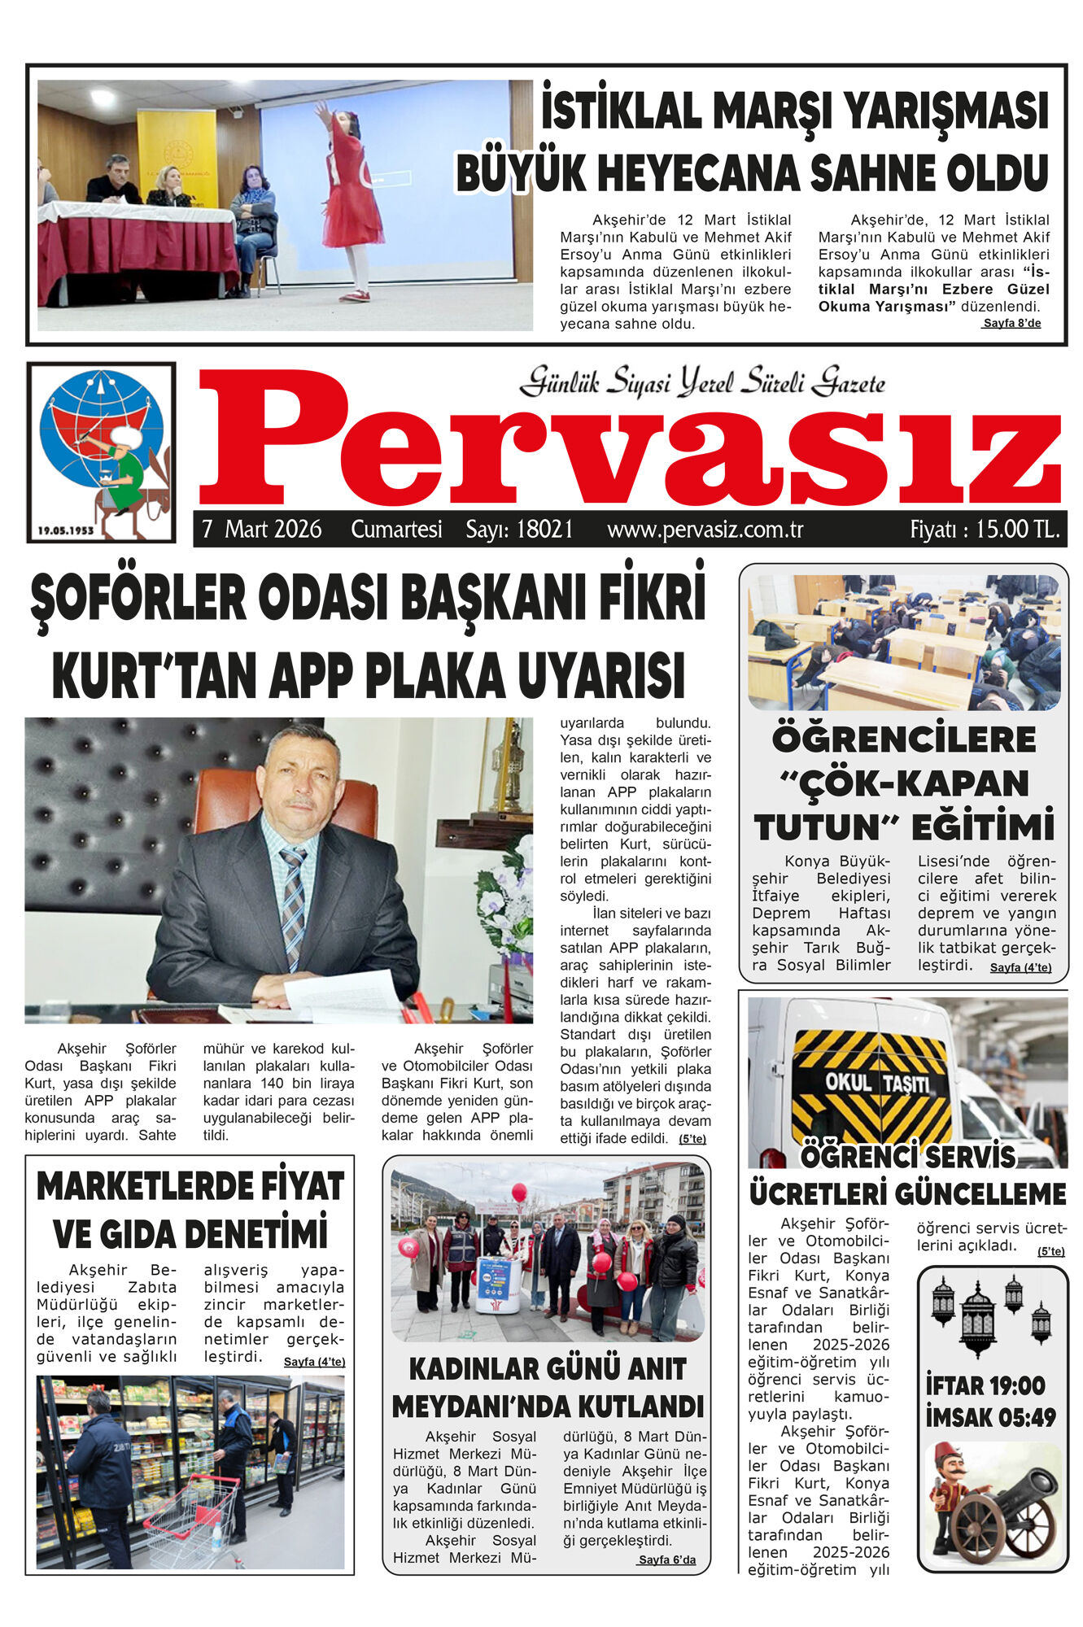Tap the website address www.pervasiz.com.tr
(705, 530)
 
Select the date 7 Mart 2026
(262, 530)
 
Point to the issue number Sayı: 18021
(519, 530)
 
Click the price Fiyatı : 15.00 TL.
(985, 530)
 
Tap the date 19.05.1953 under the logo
(65, 530)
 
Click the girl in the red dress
(352, 203)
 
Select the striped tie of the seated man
(293, 903)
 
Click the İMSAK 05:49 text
(990, 1417)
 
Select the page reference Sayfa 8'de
(1011, 323)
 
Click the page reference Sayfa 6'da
(666, 1559)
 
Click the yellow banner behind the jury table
(177, 159)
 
